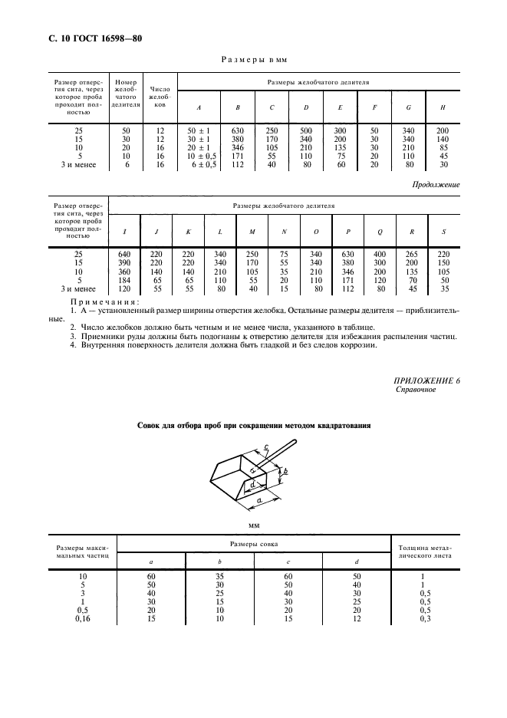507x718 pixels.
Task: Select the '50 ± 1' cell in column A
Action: coord(198,131)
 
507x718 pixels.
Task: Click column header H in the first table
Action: coord(443,108)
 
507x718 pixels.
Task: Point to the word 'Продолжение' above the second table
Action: coord(436,184)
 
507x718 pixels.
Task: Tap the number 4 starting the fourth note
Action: coord(72,346)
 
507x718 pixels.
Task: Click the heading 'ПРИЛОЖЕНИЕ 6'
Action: coord(427,380)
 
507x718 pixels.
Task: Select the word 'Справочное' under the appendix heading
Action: coord(415,390)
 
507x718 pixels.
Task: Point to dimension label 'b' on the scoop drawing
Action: coord(285,471)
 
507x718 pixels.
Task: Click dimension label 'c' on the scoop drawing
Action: coord(265,448)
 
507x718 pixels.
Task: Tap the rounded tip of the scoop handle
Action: coord(295,443)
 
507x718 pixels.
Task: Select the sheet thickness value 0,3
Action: coord(426,618)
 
